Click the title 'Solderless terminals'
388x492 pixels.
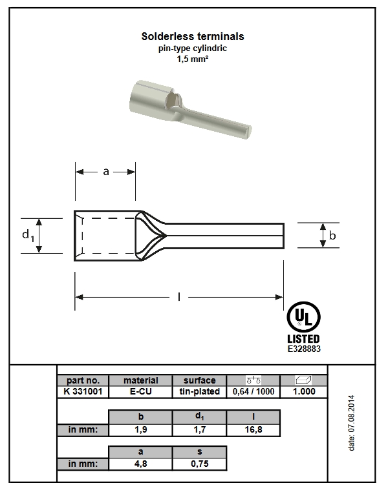tap(193, 36)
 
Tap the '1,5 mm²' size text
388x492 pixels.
tap(193, 59)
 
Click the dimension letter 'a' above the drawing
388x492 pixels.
tap(106, 172)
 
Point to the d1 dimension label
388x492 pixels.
tap(28, 235)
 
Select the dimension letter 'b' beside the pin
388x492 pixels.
tap(332, 235)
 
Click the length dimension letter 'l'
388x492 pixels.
tap(179, 296)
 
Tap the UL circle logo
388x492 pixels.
tap(303, 317)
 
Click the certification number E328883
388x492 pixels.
tap(304, 349)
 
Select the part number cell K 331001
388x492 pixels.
tap(83, 391)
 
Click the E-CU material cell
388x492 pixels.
tap(141, 391)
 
